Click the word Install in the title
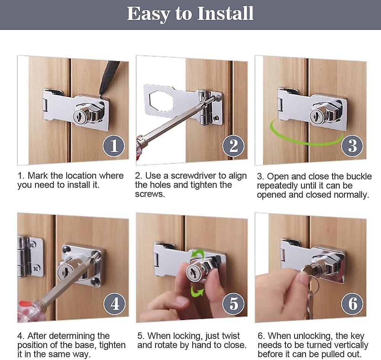[x=225, y=14]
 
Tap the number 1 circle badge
[x=114, y=146]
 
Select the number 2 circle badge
[x=233, y=146]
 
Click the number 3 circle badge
[x=352, y=146]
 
